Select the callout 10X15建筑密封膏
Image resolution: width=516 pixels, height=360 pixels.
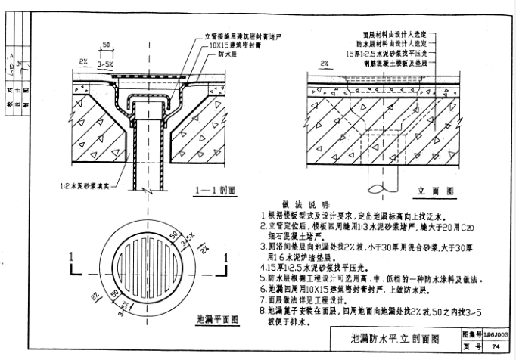[232, 45]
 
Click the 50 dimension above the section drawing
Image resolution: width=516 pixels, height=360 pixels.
[107, 45]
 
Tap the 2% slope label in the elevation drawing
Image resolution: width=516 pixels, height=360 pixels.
[324, 64]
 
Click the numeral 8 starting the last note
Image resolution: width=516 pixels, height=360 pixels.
[262, 310]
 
